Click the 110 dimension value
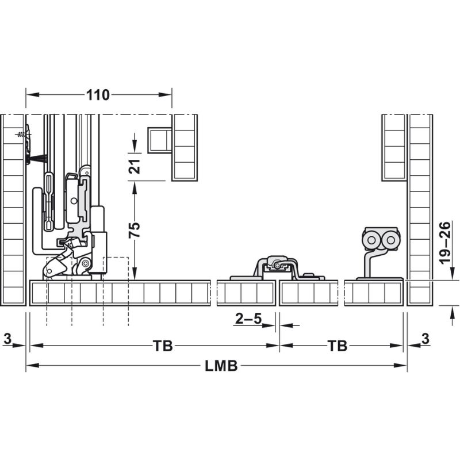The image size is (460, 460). (x=98, y=95)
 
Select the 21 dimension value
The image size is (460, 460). (x=135, y=166)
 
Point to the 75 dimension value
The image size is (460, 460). (x=135, y=229)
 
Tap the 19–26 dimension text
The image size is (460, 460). (x=445, y=243)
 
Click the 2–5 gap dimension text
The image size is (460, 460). (x=248, y=319)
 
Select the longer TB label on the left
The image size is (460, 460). (x=163, y=346)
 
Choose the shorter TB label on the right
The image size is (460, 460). (x=338, y=346)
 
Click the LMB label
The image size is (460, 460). (x=221, y=366)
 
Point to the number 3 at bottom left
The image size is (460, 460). (x=7, y=339)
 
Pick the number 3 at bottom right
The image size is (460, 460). (x=425, y=339)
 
